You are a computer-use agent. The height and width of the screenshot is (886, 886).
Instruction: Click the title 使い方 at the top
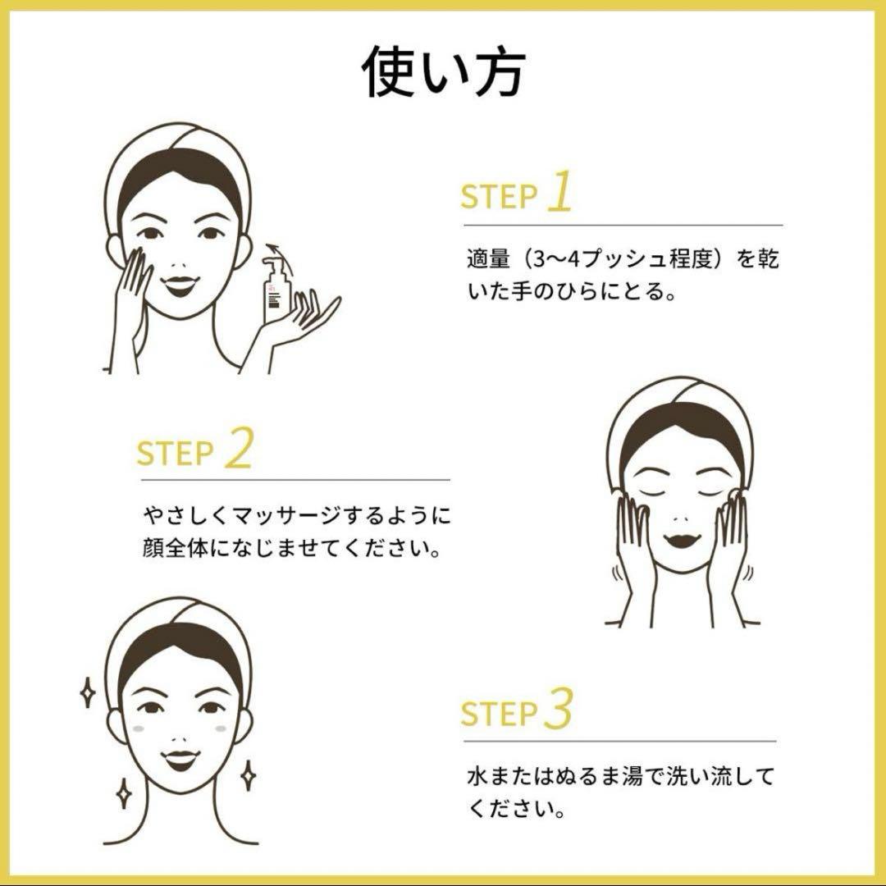(444, 72)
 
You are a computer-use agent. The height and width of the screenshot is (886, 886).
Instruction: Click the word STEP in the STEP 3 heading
(498, 714)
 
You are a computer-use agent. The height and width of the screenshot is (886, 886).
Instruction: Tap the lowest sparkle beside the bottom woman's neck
(123, 793)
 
